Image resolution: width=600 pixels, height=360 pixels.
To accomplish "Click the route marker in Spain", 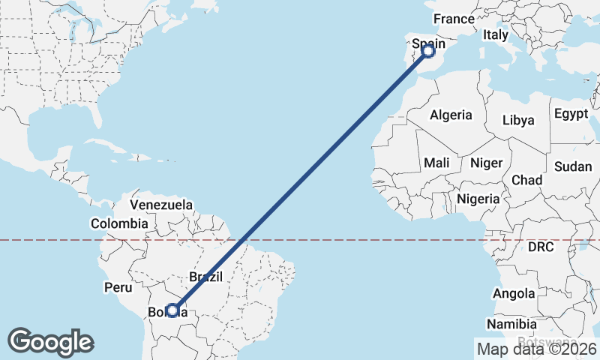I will tap(428, 51).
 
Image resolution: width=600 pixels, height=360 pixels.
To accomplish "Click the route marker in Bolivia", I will tap(173, 310).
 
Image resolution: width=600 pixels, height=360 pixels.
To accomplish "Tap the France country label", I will tap(454, 19).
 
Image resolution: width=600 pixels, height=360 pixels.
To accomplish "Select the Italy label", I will tap(496, 34).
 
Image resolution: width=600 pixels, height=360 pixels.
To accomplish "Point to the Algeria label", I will tap(451, 115).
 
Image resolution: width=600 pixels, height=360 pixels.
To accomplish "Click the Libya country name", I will tap(518, 120).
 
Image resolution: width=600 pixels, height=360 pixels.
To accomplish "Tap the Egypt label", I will tap(571, 114).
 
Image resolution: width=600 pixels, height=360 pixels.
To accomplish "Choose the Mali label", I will tap(436, 163).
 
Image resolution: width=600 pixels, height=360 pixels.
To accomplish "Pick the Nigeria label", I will tap(478, 199).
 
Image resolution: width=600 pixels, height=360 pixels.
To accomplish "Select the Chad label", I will tap(526, 180).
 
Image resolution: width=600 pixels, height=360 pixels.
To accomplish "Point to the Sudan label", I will tap(573, 166).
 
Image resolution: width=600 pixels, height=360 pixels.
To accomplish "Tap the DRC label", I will tap(540, 247).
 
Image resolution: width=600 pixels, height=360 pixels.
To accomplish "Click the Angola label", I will tap(514, 293).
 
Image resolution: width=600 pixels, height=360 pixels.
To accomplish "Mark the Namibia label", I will tap(511, 324).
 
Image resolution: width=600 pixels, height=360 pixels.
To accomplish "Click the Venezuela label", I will tap(161, 205).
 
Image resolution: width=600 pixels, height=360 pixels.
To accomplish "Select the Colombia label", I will tap(119, 223).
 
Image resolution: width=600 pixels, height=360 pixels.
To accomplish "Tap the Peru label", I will tap(118, 287).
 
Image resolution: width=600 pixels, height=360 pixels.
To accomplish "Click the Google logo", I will tap(50, 341).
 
